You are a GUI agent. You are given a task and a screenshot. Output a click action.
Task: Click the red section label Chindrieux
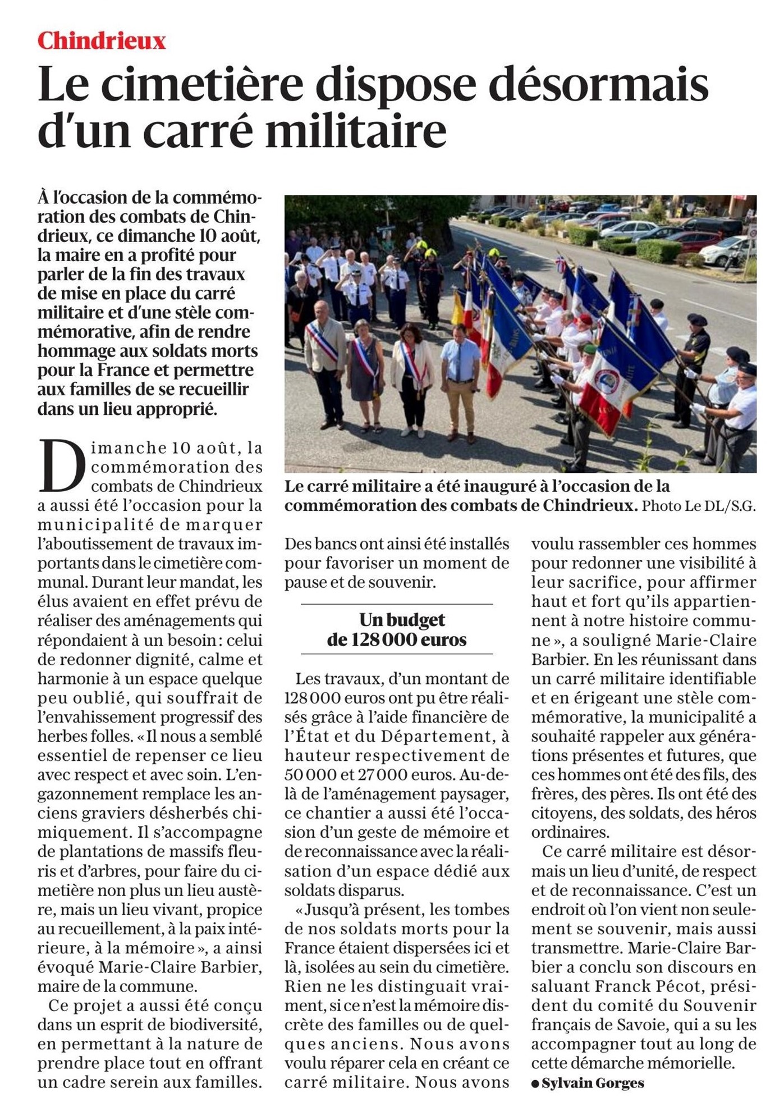point(102,41)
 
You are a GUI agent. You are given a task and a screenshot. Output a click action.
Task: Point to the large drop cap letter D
point(62,465)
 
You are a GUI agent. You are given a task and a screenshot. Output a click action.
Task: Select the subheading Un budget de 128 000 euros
point(397,629)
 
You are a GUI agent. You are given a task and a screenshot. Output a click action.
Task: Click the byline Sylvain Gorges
point(593,1083)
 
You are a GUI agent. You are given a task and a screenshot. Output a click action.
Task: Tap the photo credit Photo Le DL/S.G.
point(699,506)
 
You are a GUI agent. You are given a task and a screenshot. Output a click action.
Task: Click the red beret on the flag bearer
point(585,319)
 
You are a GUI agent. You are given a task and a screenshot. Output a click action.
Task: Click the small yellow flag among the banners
point(459,308)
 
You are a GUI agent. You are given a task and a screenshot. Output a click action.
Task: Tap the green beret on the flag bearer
point(589,349)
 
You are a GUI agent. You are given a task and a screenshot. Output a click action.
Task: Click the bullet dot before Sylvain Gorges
point(535,1084)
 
